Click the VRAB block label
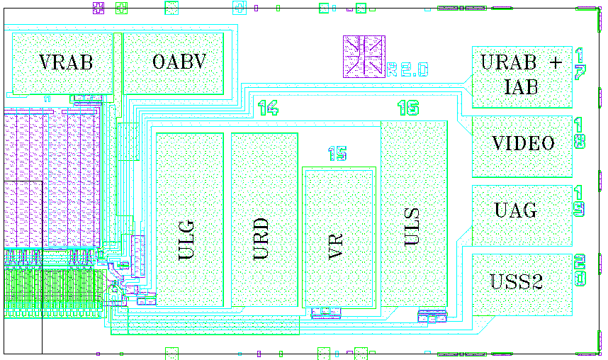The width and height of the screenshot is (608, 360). point(66,62)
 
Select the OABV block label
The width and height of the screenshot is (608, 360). point(179,62)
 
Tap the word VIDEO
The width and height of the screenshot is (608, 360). point(523,144)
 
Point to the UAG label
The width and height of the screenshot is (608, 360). point(515,210)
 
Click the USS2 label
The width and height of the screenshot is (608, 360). point(516,282)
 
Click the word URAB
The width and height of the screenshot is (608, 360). point(508,62)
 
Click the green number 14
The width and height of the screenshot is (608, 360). point(268,108)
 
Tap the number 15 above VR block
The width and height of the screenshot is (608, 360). point(337,154)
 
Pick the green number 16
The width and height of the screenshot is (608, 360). point(407,108)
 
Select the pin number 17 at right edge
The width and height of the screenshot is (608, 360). point(580,64)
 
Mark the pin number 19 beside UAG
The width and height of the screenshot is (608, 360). point(580,201)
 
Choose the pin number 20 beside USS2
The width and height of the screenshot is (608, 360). point(580,271)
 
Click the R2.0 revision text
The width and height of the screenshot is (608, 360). point(408,69)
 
